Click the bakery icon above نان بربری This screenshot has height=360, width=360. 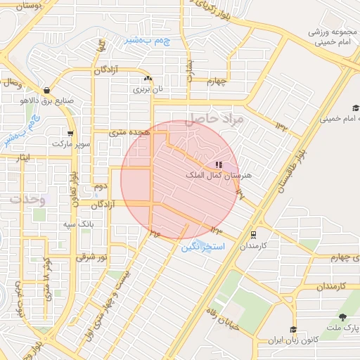(147, 79)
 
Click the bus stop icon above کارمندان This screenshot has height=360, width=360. (252, 235)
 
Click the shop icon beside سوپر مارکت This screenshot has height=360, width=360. (70, 134)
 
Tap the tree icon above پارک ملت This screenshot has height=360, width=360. (342, 317)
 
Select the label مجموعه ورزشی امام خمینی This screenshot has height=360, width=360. (325, 38)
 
